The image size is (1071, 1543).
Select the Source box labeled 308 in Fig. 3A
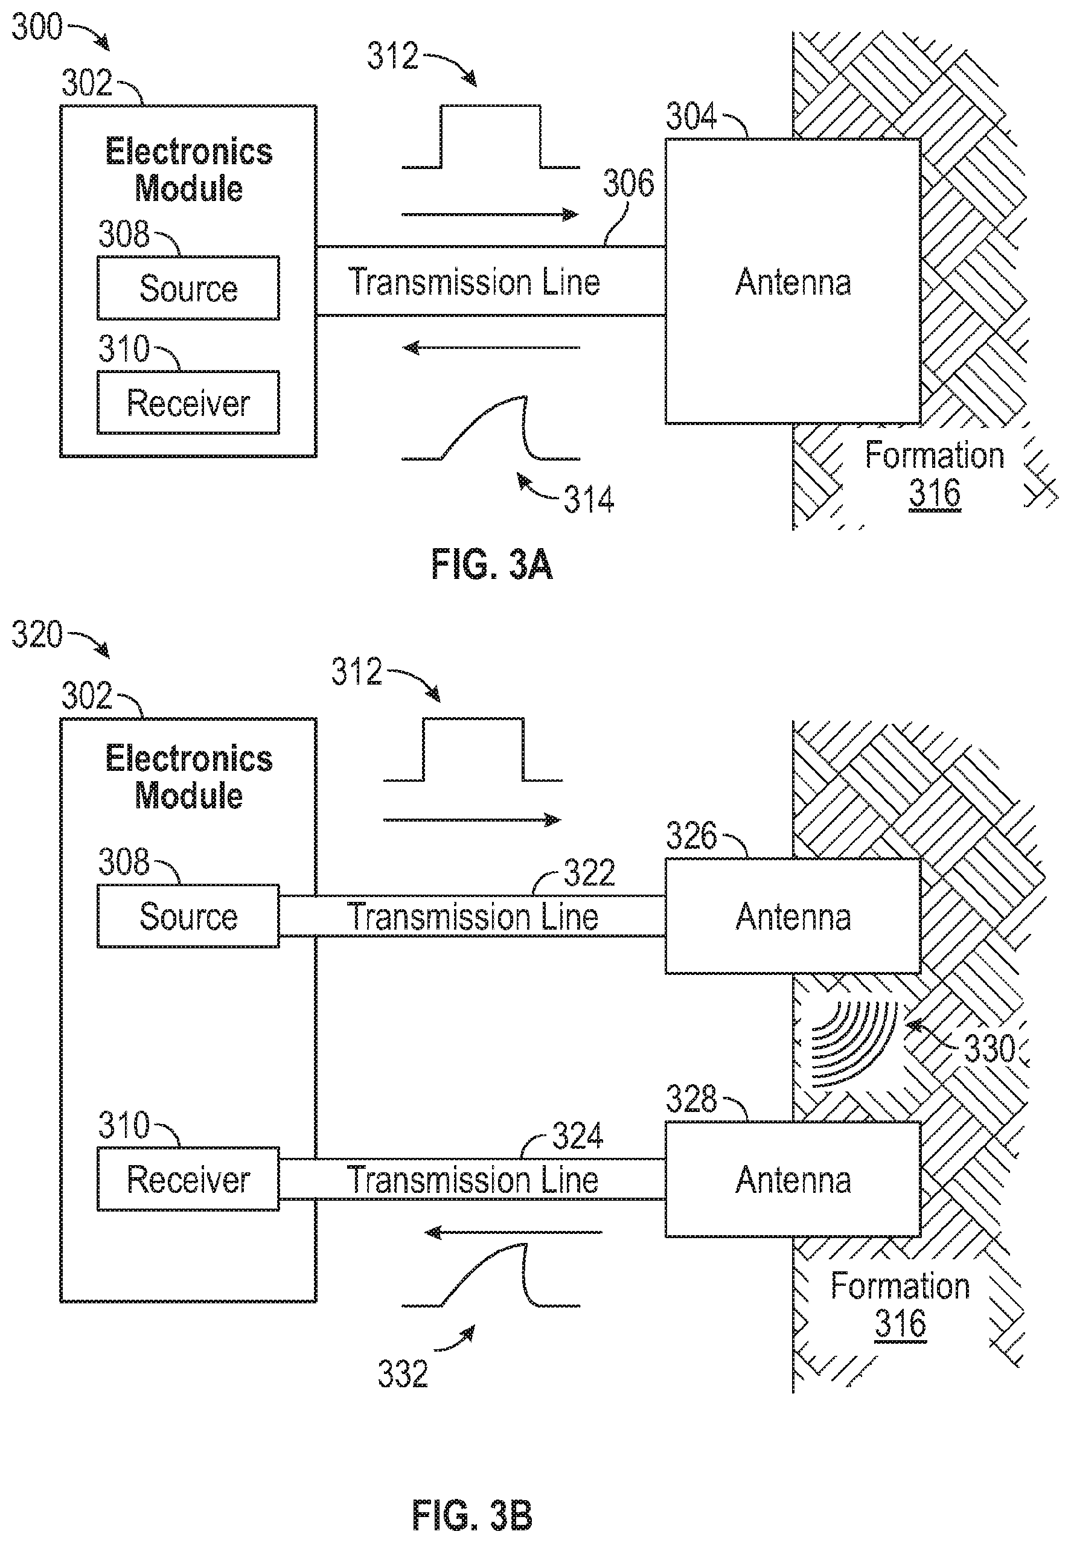[x=188, y=288]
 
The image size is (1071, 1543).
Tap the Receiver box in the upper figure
[x=188, y=403]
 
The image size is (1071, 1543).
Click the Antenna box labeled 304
[x=793, y=281]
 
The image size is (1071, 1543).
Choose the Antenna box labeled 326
[x=793, y=916]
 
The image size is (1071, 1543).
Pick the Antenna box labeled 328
[x=793, y=1180]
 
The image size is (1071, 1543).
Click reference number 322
[x=589, y=873]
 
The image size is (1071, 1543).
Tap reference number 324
[x=578, y=1136]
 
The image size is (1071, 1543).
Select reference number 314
[x=589, y=500]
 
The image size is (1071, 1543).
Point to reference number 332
[x=403, y=1373]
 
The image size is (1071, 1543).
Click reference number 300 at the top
[x=37, y=27]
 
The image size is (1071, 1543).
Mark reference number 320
[x=37, y=634]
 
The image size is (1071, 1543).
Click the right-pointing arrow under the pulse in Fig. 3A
[x=490, y=215]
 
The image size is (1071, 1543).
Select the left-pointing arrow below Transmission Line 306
[x=491, y=348]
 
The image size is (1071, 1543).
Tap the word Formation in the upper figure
[x=934, y=456]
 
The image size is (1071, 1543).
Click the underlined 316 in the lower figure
[x=901, y=1324]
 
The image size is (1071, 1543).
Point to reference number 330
[x=991, y=1048]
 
